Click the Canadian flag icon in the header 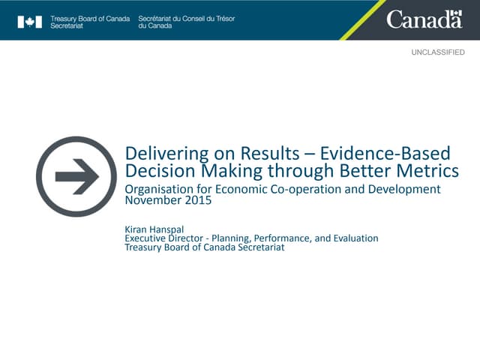29,22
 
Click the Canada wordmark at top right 424,20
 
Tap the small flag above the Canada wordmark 455,13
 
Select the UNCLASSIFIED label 437,52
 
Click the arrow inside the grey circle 76,177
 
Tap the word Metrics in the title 430,171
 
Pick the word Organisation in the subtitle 159,189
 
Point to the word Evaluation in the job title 352,238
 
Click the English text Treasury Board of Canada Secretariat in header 89,21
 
